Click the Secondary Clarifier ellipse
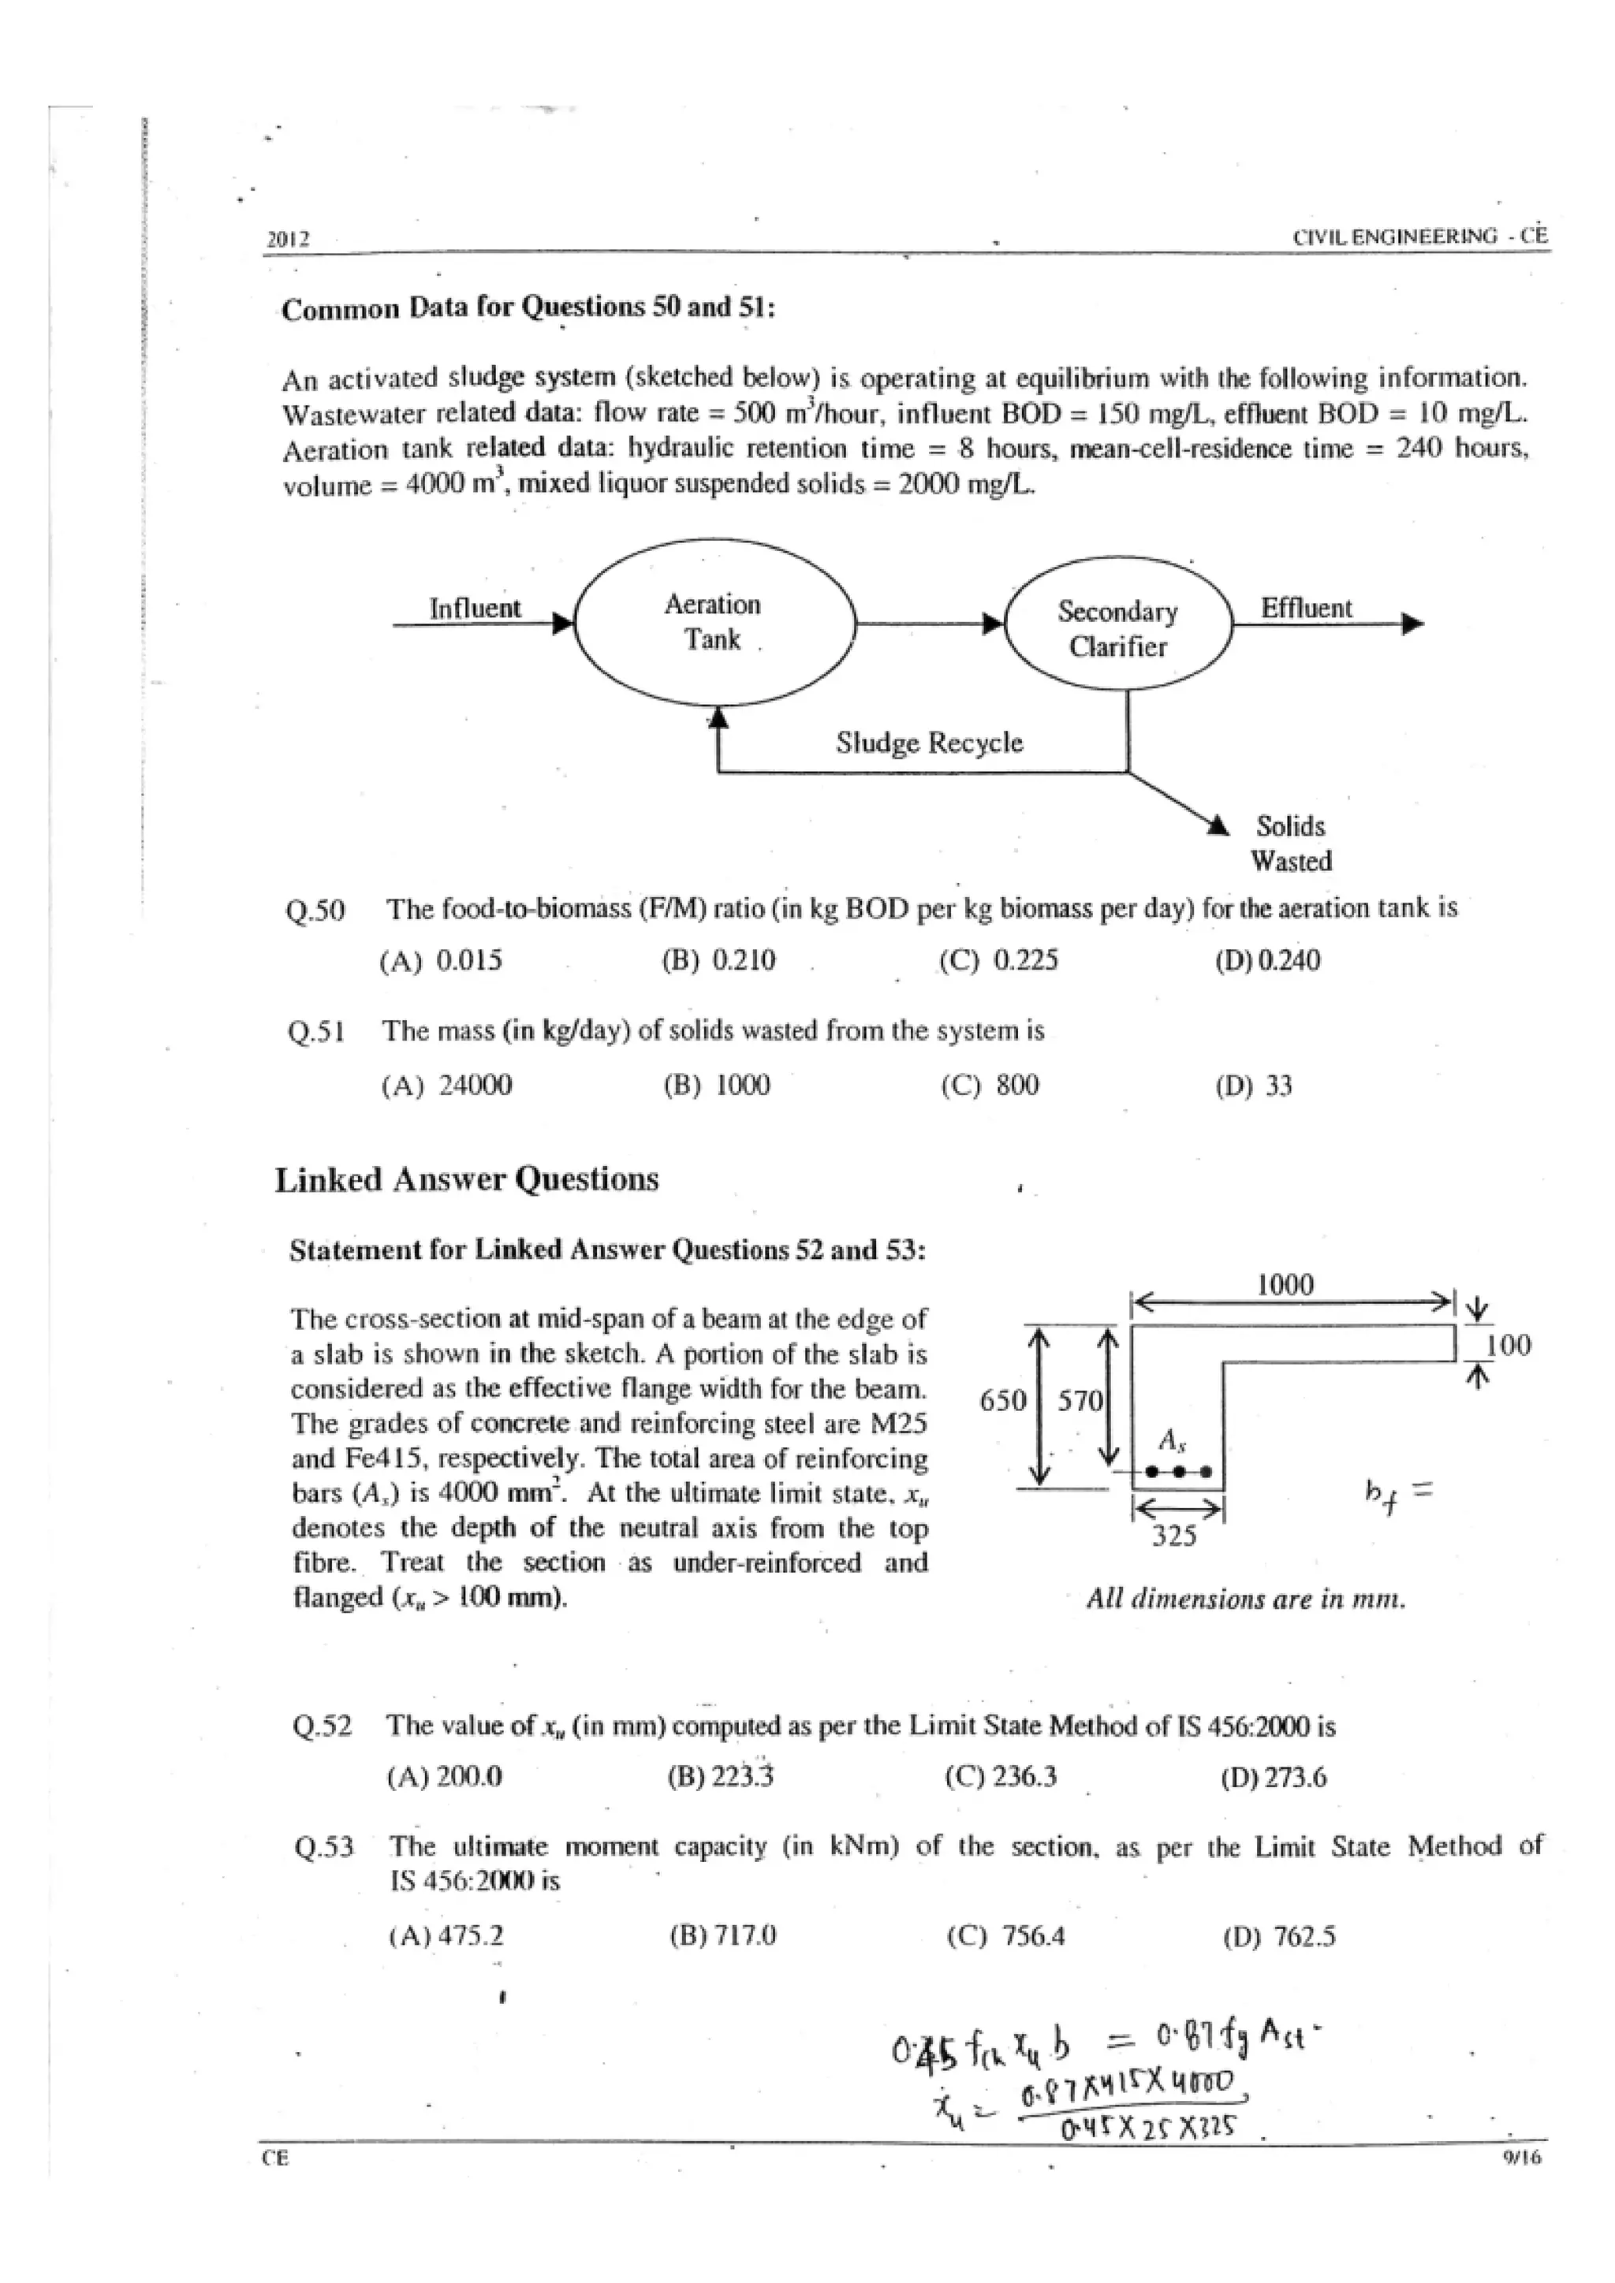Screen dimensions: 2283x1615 (1117, 628)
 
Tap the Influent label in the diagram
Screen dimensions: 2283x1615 (475, 608)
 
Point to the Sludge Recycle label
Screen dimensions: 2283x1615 (929, 743)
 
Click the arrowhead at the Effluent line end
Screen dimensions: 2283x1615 (1412, 624)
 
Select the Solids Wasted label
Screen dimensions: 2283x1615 (1290, 844)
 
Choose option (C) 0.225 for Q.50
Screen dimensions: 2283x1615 (998, 960)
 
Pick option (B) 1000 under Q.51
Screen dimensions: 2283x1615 (717, 1085)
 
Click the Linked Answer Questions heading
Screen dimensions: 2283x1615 (466, 1179)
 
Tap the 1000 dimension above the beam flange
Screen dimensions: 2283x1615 (1285, 1286)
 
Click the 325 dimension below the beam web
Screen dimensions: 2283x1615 (1173, 1536)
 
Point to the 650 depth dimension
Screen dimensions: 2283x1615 (1001, 1400)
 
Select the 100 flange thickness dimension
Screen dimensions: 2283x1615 (1508, 1346)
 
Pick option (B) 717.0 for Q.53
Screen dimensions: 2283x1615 (723, 1935)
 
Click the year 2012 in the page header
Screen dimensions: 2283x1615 (289, 240)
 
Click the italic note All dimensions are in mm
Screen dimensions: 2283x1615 (1246, 1599)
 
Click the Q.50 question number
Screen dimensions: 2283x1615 (315, 910)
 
